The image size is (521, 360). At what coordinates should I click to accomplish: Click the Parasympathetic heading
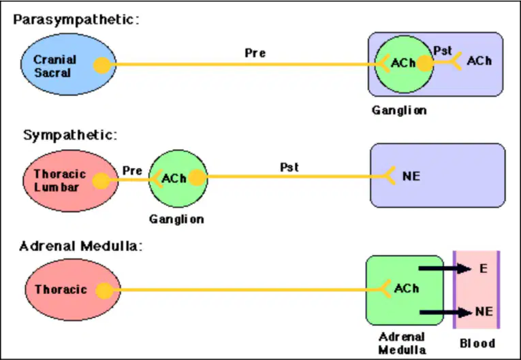[x=76, y=20]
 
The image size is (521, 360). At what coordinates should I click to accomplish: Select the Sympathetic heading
[x=70, y=135]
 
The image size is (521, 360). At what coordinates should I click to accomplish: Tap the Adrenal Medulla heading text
[x=81, y=246]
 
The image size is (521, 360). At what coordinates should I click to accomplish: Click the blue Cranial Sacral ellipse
[x=69, y=65]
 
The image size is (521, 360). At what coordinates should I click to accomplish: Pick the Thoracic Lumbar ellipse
[x=70, y=180]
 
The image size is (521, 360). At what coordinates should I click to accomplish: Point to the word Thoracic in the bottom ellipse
[x=61, y=289]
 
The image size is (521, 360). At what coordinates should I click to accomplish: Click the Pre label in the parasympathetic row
[x=255, y=53]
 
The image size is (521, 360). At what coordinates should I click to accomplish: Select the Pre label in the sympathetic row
[x=132, y=170]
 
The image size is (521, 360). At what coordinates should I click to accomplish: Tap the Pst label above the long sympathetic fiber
[x=289, y=167]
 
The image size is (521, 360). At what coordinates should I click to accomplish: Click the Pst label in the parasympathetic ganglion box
[x=443, y=50]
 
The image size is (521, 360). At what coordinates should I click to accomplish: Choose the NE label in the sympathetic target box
[x=411, y=176]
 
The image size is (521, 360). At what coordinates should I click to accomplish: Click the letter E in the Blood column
[x=484, y=268]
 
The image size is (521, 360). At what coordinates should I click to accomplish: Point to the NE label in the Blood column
[x=484, y=311]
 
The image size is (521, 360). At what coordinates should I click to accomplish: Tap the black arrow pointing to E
[x=445, y=268]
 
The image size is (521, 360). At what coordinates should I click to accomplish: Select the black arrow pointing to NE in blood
[x=445, y=312]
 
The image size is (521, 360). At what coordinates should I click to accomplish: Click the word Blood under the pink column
[x=477, y=343]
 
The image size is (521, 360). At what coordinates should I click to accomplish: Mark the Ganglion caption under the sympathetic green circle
[x=176, y=219]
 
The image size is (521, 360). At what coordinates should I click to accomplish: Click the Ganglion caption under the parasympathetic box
[x=399, y=110]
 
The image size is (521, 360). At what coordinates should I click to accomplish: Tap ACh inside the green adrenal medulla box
[x=407, y=289]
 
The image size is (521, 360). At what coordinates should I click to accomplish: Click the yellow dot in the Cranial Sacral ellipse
[x=102, y=65]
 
